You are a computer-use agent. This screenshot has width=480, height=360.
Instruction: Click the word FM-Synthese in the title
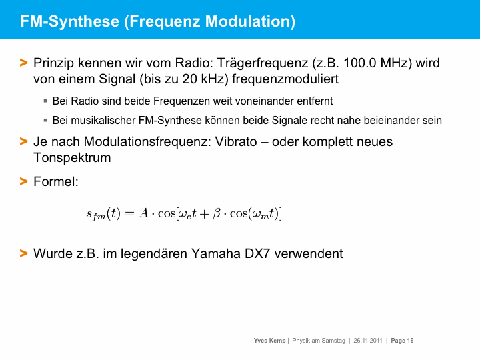point(70,22)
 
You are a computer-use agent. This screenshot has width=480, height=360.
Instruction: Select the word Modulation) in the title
point(250,22)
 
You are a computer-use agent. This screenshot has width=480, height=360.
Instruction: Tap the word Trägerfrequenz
point(263,63)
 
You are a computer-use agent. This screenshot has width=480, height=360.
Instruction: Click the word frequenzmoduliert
point(285,79)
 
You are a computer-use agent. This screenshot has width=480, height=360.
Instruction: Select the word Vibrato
point(236,142)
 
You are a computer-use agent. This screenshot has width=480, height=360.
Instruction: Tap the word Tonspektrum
point(72,158)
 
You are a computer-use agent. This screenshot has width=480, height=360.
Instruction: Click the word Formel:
point(56,181)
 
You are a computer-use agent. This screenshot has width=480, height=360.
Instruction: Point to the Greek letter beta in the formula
point(217,213)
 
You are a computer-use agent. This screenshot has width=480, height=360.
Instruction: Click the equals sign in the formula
point(130,213)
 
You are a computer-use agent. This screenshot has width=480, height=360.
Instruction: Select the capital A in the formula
point(143,213)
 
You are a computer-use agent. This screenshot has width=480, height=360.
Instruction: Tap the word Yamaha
point(216,254)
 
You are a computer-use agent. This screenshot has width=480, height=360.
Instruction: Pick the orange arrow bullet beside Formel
point(23,181)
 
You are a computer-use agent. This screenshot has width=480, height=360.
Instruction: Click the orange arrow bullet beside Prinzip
point(23,63)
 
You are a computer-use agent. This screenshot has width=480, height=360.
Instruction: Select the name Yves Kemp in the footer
point(269,341)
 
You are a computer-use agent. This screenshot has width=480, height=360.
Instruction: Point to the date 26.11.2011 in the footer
point(368,341)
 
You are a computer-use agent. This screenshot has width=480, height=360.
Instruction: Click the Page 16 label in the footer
point(402,341)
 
